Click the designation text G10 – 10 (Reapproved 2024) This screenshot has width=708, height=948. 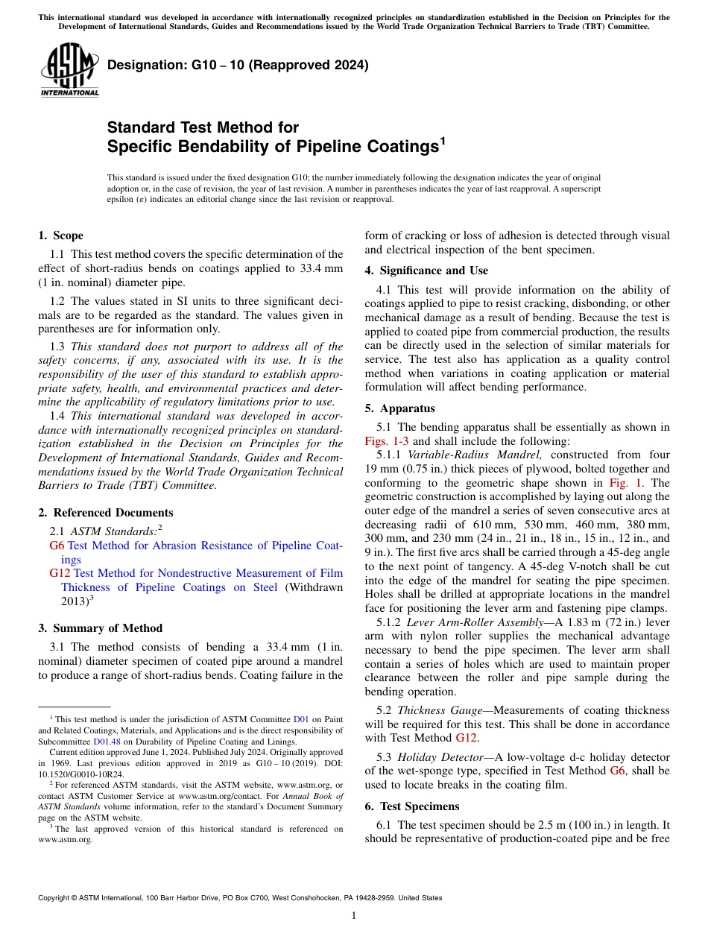pyautogui.click(x=238, y=65)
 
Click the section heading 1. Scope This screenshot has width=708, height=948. pyautogui.click(x=60, y=236)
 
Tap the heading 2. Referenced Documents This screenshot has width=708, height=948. pyautogui.click(x=105, y=513)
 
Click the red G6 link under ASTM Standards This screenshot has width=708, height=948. pyautogui.click(x=57, y=546)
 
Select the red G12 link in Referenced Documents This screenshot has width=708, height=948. pyautogui.click(x=60, y=573)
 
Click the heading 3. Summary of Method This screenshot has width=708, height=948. pyautogui.click(x=100, y=628)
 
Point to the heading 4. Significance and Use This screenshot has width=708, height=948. pyautogui.click(x=426, y=271)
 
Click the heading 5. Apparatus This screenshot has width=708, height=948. pyautogui.click(x=399, y=408)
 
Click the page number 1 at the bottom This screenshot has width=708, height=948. pyautogui.click(x=354, y=916)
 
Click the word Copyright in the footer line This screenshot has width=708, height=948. pyautogui.click(x=52, y=898)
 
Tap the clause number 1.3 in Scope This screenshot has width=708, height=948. pyautogui.click(x=57, y=347)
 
